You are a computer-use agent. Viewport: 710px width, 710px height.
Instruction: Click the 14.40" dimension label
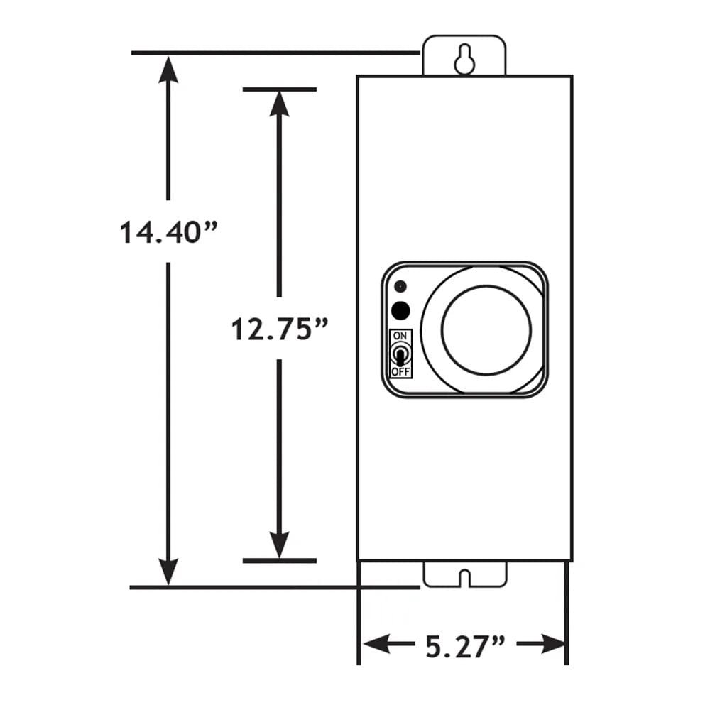tap(168, 232)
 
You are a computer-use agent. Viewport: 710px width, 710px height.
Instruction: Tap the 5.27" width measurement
tap(465, 645)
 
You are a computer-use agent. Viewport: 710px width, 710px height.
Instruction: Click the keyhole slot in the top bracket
tap(464, 60)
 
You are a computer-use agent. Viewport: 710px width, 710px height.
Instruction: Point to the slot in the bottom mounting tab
tap(464, 577)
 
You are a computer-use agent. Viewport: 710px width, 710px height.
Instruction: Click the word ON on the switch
tap(400, 335)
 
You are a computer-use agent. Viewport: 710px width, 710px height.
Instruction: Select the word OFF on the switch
tap(400, 371)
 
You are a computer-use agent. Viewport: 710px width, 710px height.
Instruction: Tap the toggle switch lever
tap(400, 353)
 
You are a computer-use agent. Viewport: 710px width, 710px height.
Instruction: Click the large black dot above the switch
tap(401, 310)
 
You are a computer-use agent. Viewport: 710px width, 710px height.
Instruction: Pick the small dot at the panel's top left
tap(400, 287)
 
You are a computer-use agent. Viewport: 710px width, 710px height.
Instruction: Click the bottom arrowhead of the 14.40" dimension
tap(168, 571)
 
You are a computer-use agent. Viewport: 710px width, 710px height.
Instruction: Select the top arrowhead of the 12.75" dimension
tap(280, 104)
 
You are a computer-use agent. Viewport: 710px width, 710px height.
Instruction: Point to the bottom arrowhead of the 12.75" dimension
tap(280, 545)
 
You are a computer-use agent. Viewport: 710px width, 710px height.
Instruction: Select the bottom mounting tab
tap(464, 574)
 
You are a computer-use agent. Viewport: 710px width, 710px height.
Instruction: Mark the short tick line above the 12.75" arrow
tap(279, 89)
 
